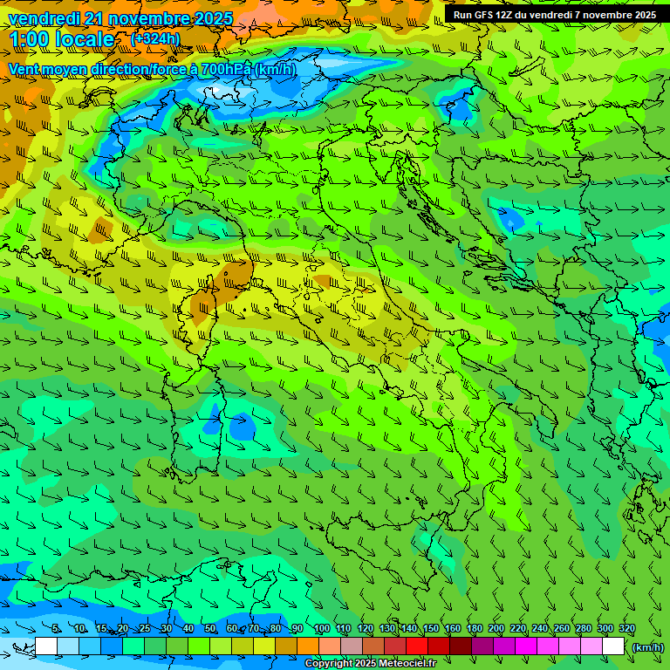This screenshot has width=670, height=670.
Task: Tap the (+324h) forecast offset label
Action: pyautogui.click(x=154, y=38)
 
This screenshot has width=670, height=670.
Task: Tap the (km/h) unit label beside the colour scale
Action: pyautogui.click(x=647, y=646)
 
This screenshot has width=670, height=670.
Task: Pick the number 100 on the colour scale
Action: pyautogui.click(x=322, y=628)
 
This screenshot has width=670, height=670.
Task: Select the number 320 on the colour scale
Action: pyautogui.click(x=626, y=628)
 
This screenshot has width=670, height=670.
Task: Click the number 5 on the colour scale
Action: pyautogui.click(x=56, y=628)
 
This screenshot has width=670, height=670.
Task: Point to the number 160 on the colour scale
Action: pyautogui.click(x=452, y=628)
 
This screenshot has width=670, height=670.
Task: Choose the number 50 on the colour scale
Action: pyautogui.click(x=210, y=628)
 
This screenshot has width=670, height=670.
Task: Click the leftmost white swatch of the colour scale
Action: pyautogui.click(x=46, y=646)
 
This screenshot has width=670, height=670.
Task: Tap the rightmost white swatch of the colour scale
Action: pyautogui.click(x=613, y=646)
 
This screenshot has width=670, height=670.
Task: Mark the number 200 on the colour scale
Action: pyautogui.click(x=496, y=628)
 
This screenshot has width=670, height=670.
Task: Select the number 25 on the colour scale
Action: pyautogui.click(x=145, y=628)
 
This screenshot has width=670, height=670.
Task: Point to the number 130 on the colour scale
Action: pyautogui.click(x=387, y=628)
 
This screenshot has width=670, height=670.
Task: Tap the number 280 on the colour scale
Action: pyautogui.click(x=583, y=628)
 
